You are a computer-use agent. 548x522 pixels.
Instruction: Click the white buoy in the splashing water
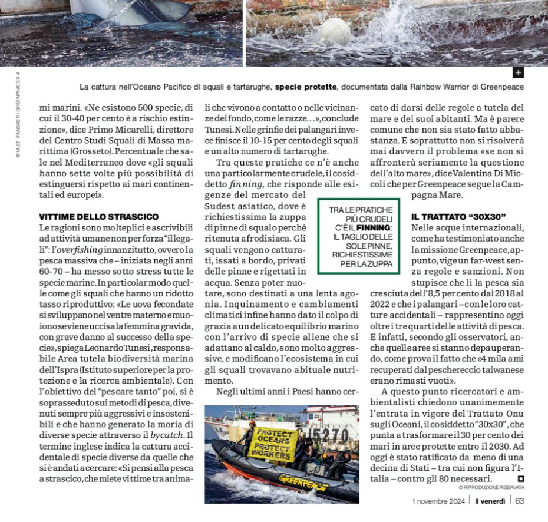click(335, 31)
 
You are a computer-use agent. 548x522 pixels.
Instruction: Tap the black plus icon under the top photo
click(518, 73)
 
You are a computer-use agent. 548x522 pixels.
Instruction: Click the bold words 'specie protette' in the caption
click(306, 87)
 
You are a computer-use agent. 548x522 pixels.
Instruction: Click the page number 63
click(520, 501)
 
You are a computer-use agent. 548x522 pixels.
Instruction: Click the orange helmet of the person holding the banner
click(252, 424)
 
